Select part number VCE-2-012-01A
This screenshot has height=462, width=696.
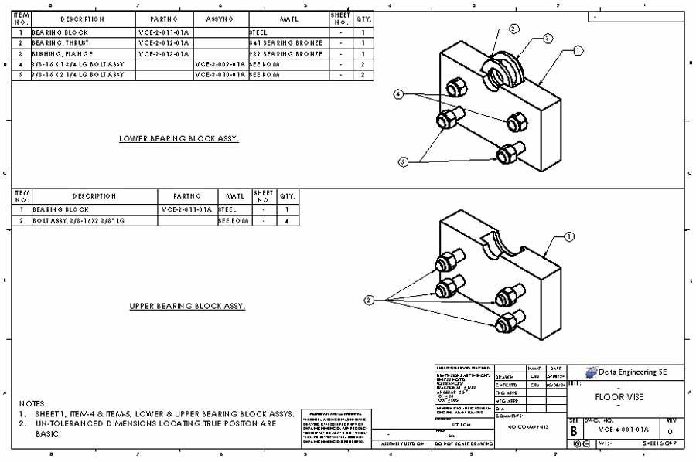pos(164,43)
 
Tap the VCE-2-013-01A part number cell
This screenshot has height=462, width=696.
pos(164,54)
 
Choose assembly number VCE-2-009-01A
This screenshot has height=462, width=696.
pos(220,65)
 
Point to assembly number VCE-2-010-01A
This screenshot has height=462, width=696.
pos(220,75)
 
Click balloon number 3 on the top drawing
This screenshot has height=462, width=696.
pos(548,37)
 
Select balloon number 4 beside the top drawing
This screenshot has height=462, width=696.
pos(399,93)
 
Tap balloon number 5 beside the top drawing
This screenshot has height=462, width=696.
pos(403,161)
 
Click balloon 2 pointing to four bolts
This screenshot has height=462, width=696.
pos(369,299)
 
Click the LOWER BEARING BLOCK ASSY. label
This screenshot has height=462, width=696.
pos(179,139)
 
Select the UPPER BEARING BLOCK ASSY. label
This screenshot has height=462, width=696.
pos(187,307)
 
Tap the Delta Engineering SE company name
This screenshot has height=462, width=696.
pos(633,372)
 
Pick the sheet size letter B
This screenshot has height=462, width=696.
pos(574,431)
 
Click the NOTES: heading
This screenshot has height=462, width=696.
pos(34,403)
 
